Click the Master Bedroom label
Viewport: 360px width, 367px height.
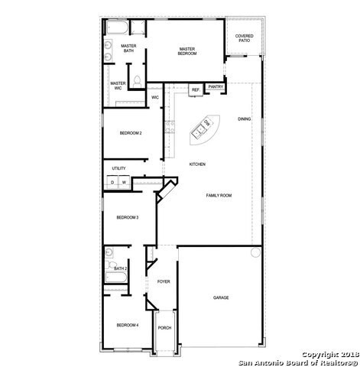187,50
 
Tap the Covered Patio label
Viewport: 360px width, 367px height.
245,37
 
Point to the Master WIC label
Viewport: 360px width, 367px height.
118,85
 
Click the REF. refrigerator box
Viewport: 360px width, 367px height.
195,90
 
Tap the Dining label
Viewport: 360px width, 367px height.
244,119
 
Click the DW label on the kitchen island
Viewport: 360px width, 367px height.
206,124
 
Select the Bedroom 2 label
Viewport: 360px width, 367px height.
131,134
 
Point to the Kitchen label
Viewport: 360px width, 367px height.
198,164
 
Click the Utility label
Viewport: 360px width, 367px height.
118,168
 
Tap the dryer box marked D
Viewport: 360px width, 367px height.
112,182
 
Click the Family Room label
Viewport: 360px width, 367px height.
219,196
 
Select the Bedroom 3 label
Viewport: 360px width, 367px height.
127,218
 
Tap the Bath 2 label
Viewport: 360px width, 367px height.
120,268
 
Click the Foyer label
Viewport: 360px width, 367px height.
164,282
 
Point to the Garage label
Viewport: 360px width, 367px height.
221,297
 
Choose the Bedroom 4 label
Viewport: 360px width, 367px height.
127,326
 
